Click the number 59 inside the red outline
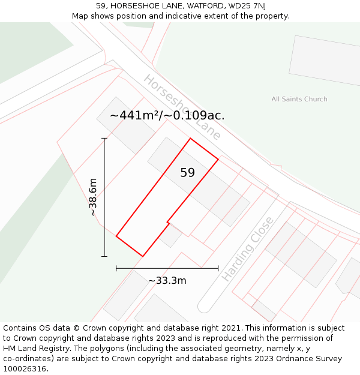tap(187, 173)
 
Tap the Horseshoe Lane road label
tap(182, 107)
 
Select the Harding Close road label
tap(247, 248)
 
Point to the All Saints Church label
tap(299, 99)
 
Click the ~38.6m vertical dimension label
tap(93, 197)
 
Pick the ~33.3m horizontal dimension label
tap(167, 280)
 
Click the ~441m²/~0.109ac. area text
tap(167, 115)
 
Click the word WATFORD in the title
tap(197, 6)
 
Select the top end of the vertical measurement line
tap(104, 139)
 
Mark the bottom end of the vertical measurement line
tap(104, 256)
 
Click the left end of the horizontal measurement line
tap(116, 268)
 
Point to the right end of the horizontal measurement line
tap(218, 268)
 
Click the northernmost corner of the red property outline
tap(191, 139)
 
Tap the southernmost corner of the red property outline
tap(143, 256)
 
